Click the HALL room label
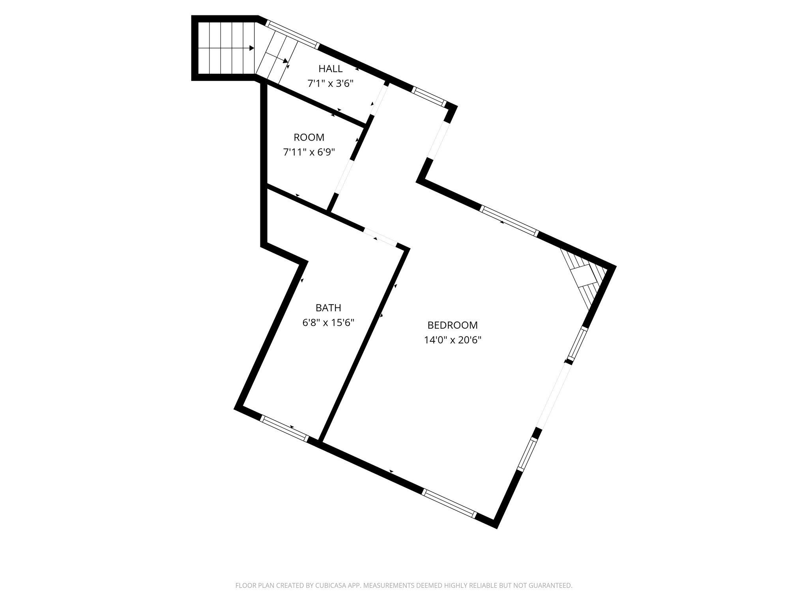point(330,69)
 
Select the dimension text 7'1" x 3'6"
point(330,83)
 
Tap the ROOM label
point(309,137)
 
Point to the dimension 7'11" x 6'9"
point(309,152)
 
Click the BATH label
point(328,308)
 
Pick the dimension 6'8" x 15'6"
point(328,323)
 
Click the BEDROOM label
point(453,325)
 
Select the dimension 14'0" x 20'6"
point(453,340)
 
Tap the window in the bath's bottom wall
point(284,428)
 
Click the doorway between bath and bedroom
point(380,238)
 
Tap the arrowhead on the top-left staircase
point(252,48)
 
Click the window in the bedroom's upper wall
point(509,221)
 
